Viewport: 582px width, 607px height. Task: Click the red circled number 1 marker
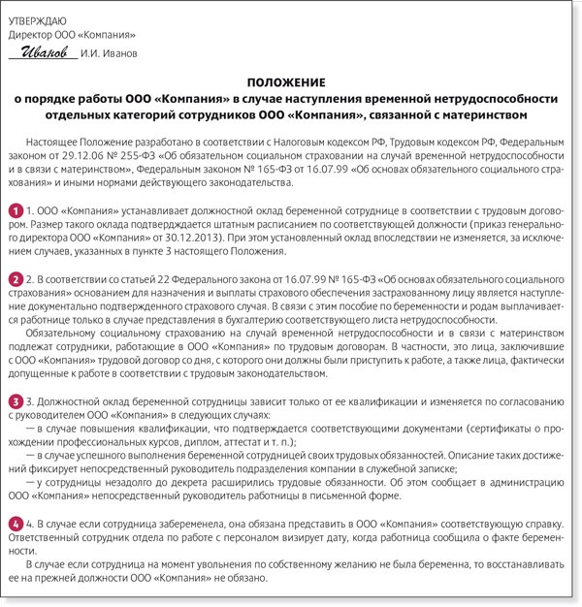coord(16,210)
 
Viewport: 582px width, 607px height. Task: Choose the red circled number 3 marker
coord(16,399)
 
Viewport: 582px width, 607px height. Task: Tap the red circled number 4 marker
coord(16,522)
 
